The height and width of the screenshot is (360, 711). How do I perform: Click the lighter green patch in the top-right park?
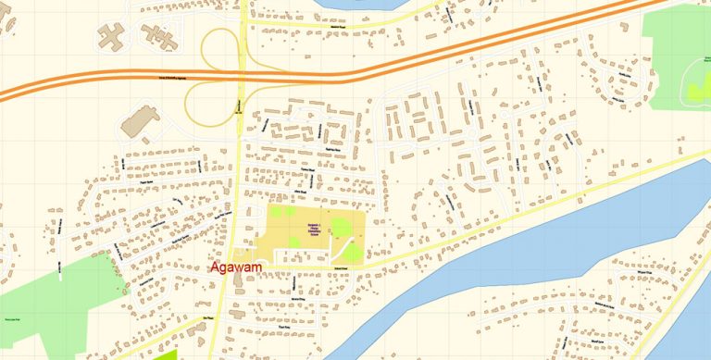pos(696,88)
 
